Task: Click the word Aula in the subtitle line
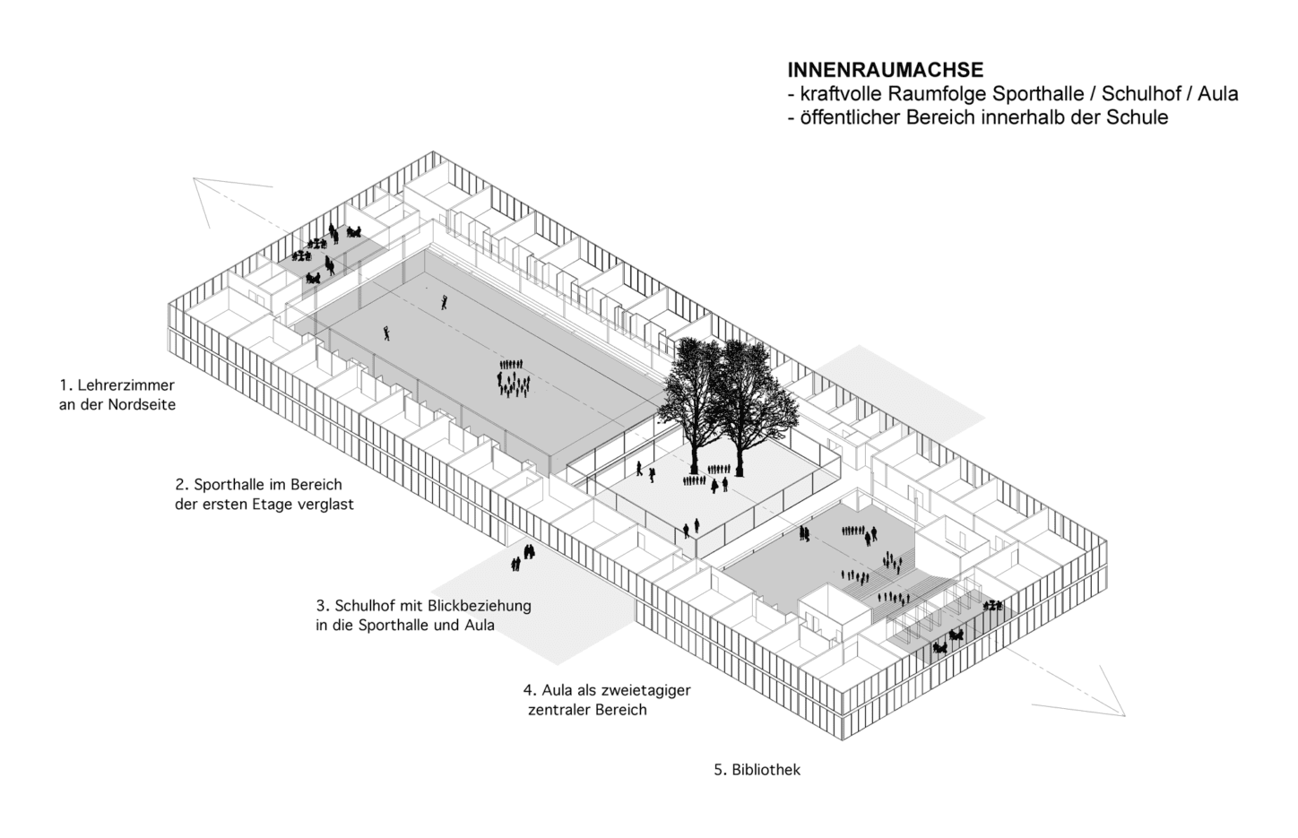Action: click(x=1218, y=93)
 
